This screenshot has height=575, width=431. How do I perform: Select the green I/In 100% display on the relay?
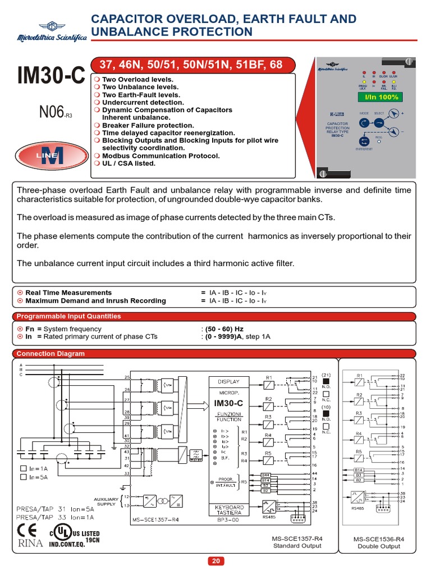376,98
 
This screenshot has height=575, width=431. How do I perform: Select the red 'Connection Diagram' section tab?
51,354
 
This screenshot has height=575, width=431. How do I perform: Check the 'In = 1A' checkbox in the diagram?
23,467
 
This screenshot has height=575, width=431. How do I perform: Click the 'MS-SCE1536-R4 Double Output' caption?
379,542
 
